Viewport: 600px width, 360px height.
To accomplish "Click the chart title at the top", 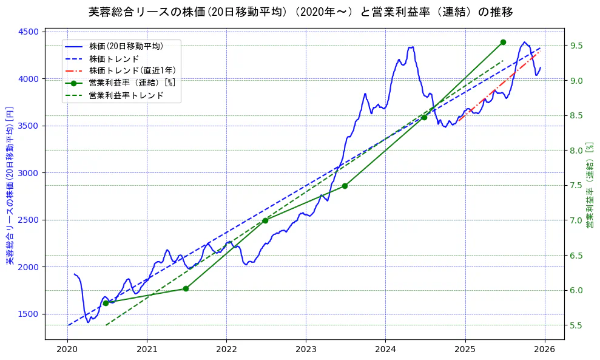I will pyautogui.click(x=300, y=12).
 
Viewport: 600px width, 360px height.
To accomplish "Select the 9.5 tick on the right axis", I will pyautogui.click(x=579, y=46).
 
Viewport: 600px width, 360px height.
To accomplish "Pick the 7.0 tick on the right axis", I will pyautogui.click(x=579, y=220).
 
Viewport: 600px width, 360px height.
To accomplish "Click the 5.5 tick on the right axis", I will pyautogui.click(x=579, y=325).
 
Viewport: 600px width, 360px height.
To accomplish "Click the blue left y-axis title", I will pyautogui.click(x=10, y=185).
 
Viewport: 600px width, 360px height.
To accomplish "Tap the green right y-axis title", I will pyautogui.click(x=590, y=185).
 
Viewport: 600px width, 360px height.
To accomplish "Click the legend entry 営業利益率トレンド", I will pyautogui.click(x=126, y=95).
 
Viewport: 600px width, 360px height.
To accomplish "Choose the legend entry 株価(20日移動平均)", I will pyautogui.click(x=126, y=46).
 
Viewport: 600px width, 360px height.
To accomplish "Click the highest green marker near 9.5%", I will pyautogui.click(x=503, y=42).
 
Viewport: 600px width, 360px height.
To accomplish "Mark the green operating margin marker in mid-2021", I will pyautogui.click(x=186, y=288).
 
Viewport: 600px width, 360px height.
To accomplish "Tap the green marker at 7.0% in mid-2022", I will pyautogui.click(x=265, y=220).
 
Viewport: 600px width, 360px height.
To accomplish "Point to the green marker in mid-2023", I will pyautogui.click(x=345, y=186).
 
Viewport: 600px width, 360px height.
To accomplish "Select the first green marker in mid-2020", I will pyautogui.click(x=106, y=302).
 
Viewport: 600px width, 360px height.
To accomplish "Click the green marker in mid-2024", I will pyautogui.click(x=424, y=117).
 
